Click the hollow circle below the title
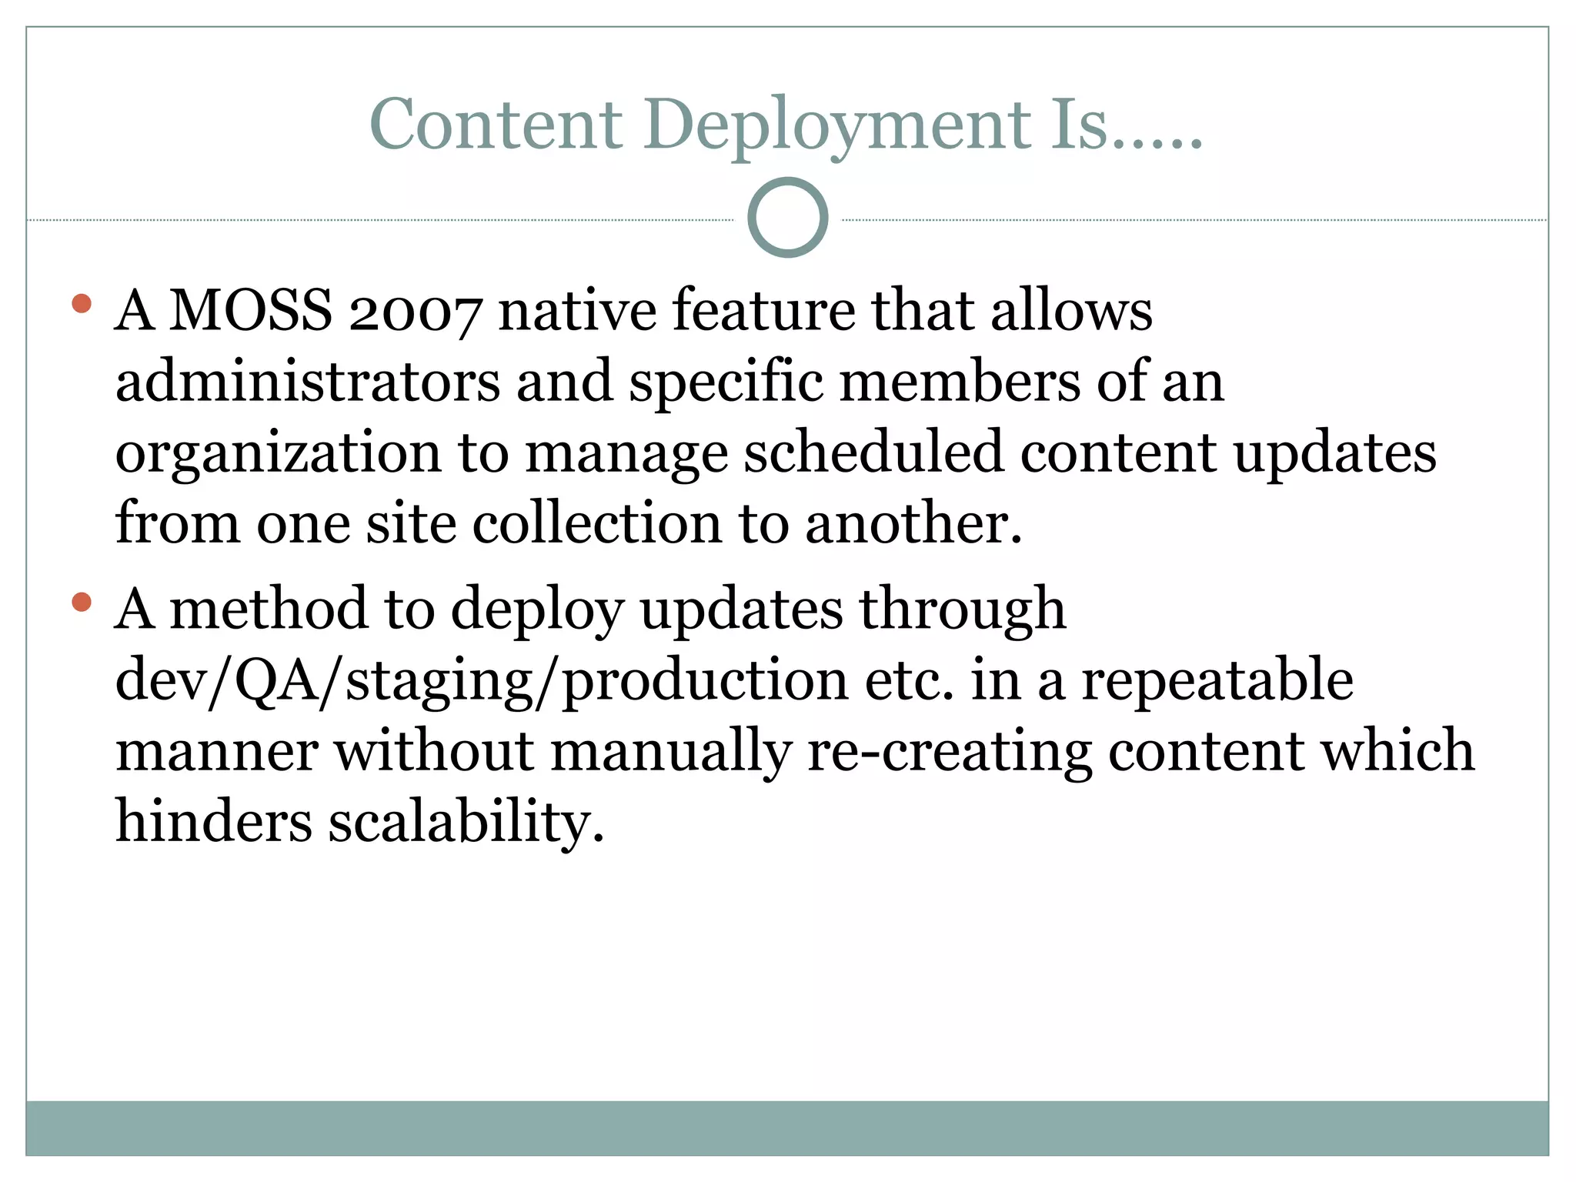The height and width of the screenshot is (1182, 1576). (x=787, y=218)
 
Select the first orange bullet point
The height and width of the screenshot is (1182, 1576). (x=81, y=303)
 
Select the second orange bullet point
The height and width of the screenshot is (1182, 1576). (x=81, y=602)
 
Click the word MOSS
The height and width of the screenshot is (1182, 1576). (x=251, y=310)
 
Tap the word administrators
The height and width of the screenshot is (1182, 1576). (x=308, y=381)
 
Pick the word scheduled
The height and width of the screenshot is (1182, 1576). (x=873, y=452)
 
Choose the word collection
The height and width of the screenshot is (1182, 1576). (x=597, y=523)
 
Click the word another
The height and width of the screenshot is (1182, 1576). (x=913, y=523)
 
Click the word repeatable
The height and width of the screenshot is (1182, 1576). (x=1217, y=680)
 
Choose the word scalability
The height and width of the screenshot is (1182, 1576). (x=466, y=822)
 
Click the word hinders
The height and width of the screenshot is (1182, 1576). (x=214, y=821)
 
